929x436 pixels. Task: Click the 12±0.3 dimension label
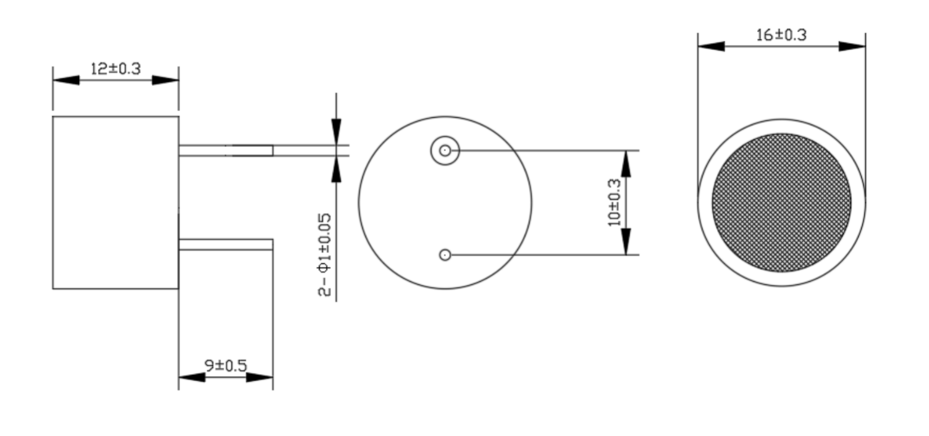(x=116, y=69)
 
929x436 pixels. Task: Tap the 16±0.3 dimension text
(x=781, y=35)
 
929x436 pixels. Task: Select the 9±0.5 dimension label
(x=226, y=366)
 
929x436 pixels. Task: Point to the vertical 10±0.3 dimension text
(x=614, y=203)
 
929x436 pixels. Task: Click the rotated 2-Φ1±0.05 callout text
(x=324, y=254)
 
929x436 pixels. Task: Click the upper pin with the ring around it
(x=445, y=150)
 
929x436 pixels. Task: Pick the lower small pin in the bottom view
(x=445, y=254)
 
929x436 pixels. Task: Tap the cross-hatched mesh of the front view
(x=782, y=203)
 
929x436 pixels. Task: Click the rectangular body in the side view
(x=116, y=203)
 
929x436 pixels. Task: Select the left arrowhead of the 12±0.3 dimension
(x=66, y=80)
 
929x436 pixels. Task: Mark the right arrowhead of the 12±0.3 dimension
(x=166, y=80)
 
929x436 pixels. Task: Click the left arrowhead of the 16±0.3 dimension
(x=712, y=46)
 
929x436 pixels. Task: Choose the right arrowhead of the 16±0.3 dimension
(x=852, y=46)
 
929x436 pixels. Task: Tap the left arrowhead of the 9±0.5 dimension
(x=191, y=377)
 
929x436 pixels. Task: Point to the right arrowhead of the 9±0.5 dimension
(x=259, y=377)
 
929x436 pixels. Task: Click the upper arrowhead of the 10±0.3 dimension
(x=626, y=164)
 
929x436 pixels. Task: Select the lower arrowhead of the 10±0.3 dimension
(x=626, y=241)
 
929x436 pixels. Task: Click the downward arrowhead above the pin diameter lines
(x=337, y=132)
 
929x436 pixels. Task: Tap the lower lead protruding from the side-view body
(x=226, y=245)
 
